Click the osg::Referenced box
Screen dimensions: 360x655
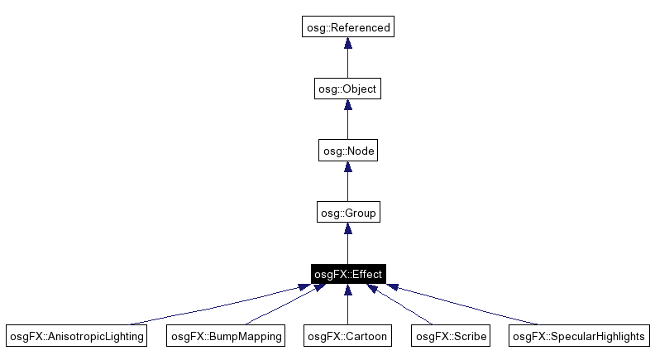point(347,27)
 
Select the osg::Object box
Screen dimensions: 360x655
point(347,89)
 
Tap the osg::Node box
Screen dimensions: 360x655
point(347,151)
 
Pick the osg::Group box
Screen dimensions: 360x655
point(347,213)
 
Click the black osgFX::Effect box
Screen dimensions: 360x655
point(347,274)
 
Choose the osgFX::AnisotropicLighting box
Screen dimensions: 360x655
point(76,336)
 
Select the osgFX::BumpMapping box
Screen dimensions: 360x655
point(227,336)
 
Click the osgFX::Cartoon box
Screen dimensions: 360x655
point(347,336)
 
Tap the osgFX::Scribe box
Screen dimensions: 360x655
point(451,336)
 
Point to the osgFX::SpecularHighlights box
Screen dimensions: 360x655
point(579,336)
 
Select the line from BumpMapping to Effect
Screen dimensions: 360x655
point(281,307)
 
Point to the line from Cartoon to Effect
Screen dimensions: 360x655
point(347,310)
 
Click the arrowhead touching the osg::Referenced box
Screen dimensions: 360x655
point(347,44)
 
